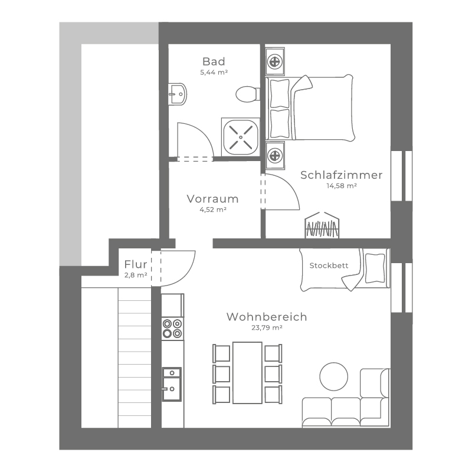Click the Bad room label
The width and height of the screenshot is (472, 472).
214,61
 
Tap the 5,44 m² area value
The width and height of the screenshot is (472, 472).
214,72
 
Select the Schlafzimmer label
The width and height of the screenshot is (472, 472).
342,175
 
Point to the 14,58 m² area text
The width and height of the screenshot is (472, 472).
342,186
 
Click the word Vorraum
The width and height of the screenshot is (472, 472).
212,199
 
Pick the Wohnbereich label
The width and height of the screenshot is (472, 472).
267,317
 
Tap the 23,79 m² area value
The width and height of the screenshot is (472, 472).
267,328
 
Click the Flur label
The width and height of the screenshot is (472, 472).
136,264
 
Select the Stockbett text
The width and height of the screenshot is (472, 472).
329,265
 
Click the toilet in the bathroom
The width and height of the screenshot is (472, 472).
247,94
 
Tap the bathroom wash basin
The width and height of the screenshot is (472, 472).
178,94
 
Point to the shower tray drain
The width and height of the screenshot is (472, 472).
241,137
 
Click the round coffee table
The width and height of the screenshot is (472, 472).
333,376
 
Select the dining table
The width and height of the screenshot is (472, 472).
247,373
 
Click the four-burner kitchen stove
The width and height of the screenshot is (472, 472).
172,329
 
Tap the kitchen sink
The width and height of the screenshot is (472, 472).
172,384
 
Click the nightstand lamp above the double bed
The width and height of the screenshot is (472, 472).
274,63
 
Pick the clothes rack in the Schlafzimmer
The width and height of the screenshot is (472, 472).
322,225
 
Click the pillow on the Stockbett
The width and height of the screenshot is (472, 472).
375,268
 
